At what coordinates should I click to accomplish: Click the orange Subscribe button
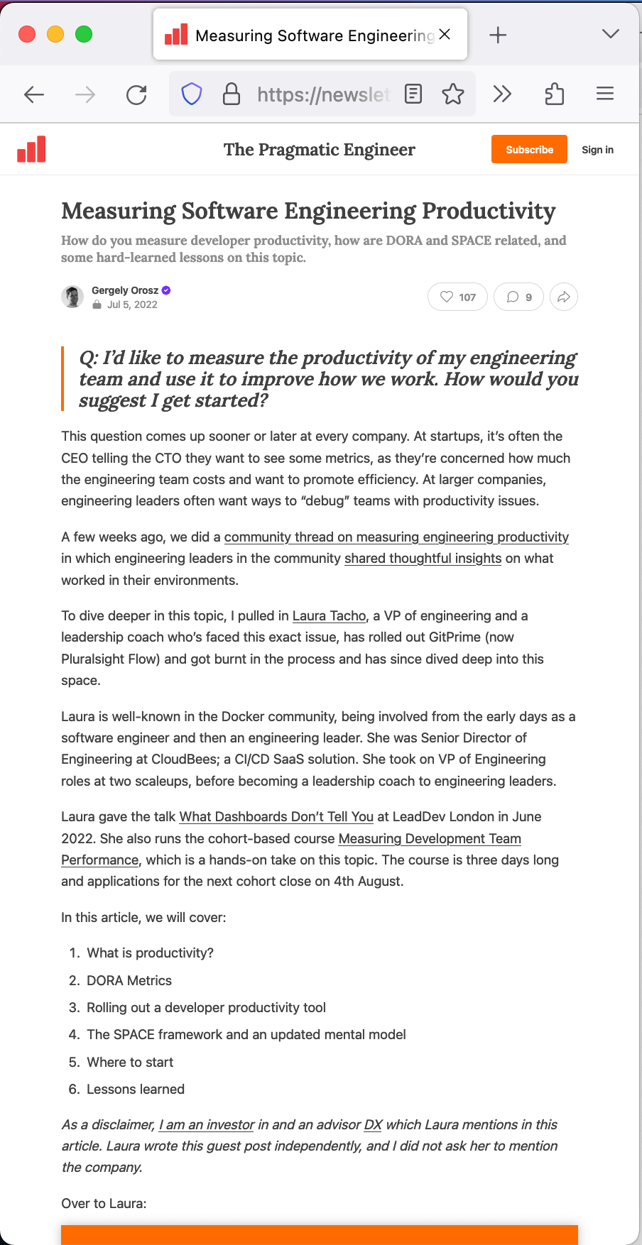[529, 149]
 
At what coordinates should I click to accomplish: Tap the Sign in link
[597, 150]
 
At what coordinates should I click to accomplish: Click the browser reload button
[136, 94]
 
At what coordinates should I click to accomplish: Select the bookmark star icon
[453, 94]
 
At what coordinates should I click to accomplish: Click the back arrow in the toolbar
[34, 94]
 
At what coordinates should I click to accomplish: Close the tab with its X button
[445, 34]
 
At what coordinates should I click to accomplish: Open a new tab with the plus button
[498, 35]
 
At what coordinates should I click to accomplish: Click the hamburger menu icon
[605, 94]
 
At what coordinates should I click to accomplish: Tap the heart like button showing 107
[457, 297]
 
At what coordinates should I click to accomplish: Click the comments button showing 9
[519, 297]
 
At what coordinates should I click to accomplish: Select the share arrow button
[564, 297]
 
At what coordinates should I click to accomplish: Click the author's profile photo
[72, 297]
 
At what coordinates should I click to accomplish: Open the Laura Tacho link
[330, 615]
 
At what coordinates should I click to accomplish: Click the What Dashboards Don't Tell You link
[276, 816]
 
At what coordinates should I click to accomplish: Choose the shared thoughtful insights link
[423, 558]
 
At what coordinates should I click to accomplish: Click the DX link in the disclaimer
[373, 1124]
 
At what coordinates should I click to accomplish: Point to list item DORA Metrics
[129, 980]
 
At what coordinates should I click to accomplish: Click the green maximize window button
[84, 34]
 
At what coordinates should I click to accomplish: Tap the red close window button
[27, 34]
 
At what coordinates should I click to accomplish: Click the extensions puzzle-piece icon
[555, 94]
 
